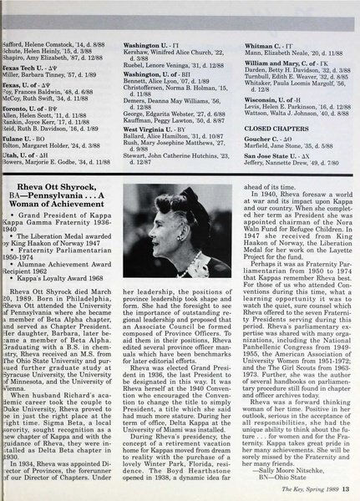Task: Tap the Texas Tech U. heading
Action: point(25,40)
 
